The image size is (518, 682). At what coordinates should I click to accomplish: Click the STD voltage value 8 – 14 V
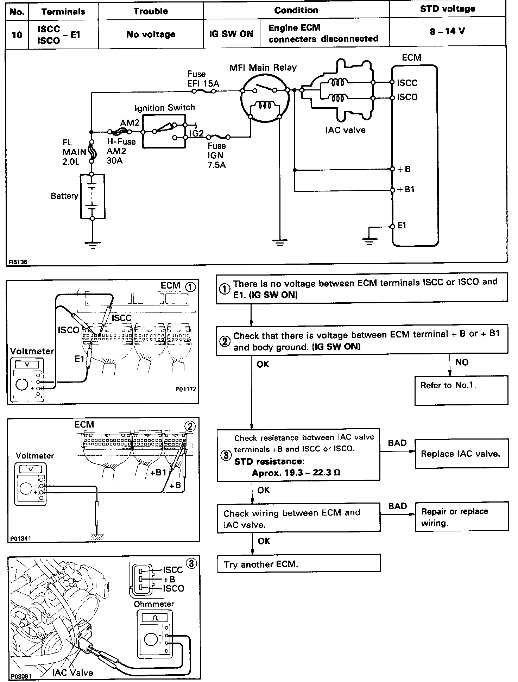click(447, 31)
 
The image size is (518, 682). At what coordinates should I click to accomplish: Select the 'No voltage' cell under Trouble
click(151, 34)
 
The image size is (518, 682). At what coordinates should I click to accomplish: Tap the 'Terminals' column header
click(63, 12)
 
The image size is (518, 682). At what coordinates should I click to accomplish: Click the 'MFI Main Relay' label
click(263, 68)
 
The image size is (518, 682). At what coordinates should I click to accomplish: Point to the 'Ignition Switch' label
click(164, 108)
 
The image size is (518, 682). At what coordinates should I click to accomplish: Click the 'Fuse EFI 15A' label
click(203, 79)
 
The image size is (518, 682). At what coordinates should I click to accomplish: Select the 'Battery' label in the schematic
click(64, 196)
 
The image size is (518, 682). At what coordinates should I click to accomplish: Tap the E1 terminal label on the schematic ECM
click(402, 225)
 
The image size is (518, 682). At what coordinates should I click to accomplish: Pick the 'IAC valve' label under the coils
click(345, 130)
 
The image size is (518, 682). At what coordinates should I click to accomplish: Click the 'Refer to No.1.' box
click(461, 390)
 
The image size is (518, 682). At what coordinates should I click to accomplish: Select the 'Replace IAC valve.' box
click(461, 454)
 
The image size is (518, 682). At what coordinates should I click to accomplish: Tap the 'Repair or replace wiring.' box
click(462, 517)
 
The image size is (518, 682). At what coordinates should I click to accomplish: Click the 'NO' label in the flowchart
click(462, 362)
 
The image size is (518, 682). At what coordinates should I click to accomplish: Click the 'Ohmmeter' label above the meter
click(154, 604)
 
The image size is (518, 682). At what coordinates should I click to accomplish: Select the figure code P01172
click(185, 390)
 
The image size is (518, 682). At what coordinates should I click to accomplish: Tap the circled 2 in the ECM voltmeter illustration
click(190, 427)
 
